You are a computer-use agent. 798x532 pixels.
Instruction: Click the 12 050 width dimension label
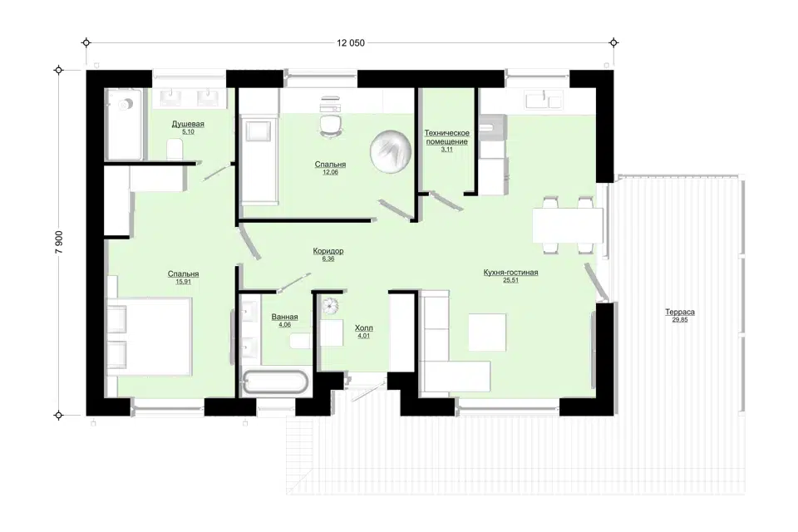351,43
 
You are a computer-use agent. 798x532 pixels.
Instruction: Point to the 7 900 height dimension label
59,243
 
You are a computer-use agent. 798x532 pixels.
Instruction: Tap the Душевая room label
188,124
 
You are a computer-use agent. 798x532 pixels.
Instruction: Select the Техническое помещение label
447,137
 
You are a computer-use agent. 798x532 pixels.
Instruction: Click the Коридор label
328,251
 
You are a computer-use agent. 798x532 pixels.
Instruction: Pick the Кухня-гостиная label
510,273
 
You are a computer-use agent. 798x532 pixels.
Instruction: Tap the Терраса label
680,312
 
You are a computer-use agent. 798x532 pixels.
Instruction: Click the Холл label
364,328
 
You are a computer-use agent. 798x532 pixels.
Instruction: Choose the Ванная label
284,317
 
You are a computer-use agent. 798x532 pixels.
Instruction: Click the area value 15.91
183,282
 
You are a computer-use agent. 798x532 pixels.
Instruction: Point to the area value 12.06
330,172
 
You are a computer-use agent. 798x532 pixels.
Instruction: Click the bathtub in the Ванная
275,382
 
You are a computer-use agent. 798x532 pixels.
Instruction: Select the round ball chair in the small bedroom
391,152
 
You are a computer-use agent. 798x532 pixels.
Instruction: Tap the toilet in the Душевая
175,150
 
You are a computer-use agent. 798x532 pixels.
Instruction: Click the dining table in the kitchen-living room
568,225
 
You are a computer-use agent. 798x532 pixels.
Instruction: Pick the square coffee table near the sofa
487,332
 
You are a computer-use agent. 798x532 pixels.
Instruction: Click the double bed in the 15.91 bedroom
150,337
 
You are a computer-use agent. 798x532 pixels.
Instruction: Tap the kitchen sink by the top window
544,100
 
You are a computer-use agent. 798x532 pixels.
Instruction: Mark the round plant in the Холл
330,306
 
